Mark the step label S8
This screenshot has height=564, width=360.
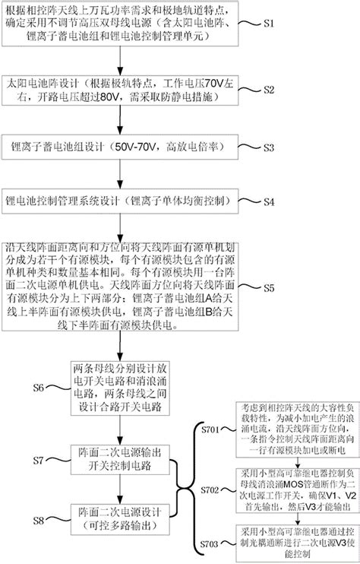(x=43, y=521)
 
